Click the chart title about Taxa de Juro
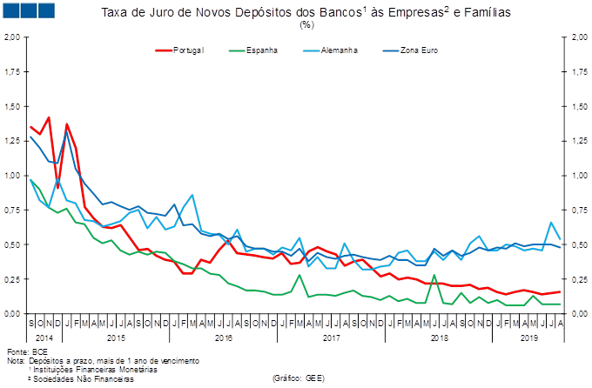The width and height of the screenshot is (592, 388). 306,12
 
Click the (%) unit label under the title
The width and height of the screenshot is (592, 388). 306,24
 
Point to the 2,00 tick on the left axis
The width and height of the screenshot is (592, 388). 12,37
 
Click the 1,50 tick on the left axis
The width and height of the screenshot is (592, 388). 12,106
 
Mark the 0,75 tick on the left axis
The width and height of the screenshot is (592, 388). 12,210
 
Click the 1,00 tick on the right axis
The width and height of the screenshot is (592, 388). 577,176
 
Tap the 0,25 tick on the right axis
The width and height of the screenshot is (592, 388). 577,279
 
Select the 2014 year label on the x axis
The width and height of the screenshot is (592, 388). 44,335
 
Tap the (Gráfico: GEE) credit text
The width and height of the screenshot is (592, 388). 299,378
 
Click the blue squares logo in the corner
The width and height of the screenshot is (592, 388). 29,10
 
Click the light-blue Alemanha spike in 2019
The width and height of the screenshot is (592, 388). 550,223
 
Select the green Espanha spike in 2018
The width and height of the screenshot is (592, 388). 434,276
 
